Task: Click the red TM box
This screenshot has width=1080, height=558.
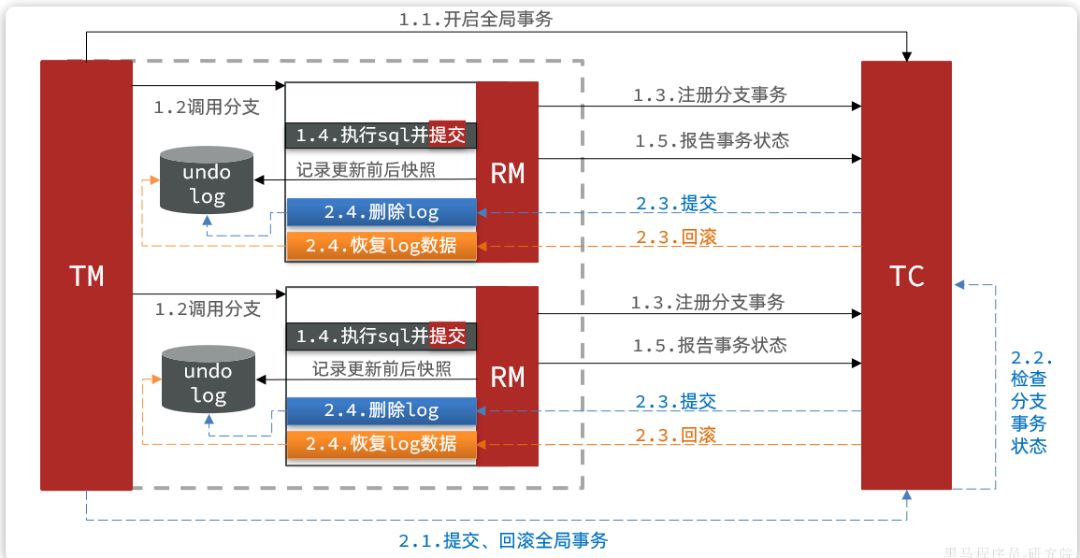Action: click(86, 275)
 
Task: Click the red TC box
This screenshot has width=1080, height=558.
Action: click(906, 275)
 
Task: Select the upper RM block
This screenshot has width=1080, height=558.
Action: click(507, 172)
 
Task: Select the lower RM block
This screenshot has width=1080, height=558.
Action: click(507, 376)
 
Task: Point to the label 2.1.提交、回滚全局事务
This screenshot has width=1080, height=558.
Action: click(503, 540)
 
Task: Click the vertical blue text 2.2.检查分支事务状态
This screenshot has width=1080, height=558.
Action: click(1030, 402)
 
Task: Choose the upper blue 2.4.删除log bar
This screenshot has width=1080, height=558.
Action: click(382, 212)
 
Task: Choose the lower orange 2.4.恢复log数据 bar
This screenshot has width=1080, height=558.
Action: click(382, 443)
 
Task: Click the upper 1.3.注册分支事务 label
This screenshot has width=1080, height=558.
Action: click(709, 94)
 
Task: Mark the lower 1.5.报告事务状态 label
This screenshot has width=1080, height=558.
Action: click(709, 345)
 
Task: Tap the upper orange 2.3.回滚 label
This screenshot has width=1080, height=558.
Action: click(676, 236)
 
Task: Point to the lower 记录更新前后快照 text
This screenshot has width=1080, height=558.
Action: click(382, 368)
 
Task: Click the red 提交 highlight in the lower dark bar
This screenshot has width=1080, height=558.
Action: click(447, 335)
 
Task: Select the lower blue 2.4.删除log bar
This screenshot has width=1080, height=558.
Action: click(382, 410)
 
